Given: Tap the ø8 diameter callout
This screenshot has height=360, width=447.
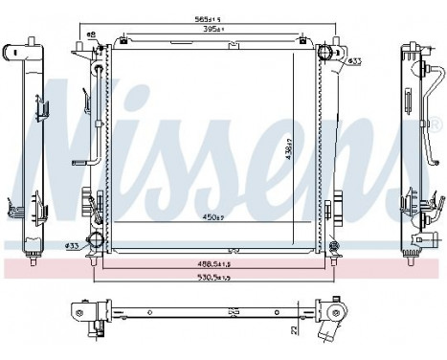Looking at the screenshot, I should tap(92, 34).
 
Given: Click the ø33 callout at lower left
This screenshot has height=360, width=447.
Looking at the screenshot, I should tap(71, 245).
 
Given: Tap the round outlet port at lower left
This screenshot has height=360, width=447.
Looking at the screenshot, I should tap(96, 240).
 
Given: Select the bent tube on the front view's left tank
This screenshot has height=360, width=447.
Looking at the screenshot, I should tap(96, 115).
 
